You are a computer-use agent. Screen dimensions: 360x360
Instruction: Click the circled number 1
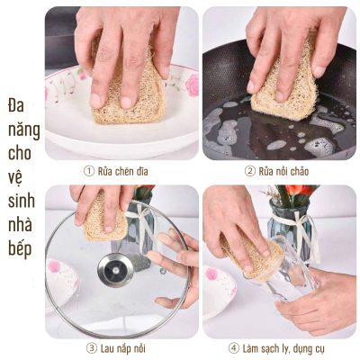click(88, 171)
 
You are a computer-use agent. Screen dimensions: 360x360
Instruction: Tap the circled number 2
click(249, 171)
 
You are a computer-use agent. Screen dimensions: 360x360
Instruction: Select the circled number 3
click(91, 348)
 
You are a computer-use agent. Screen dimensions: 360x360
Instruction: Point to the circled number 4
click(233, 348)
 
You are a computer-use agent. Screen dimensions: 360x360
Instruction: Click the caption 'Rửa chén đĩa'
click(123, 171)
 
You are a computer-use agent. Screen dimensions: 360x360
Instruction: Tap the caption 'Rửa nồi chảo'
click(283, 171)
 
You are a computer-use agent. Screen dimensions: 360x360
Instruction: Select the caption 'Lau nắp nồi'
click(123, 348)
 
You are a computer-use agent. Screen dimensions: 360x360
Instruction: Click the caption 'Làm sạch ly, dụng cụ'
click(283, 349)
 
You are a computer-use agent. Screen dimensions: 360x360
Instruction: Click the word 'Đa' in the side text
click(16, 106)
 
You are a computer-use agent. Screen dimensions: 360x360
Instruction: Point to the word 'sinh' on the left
click(22, 201)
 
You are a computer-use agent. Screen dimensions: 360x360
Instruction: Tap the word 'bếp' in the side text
click(20, 249)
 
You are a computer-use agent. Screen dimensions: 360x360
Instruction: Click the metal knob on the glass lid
click(115, 270)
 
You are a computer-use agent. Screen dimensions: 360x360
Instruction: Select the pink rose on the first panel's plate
click(192, 85)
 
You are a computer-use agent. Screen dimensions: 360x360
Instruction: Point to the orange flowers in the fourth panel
click(300, 191)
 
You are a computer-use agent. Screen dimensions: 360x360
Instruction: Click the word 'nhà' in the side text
click(20, 224)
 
